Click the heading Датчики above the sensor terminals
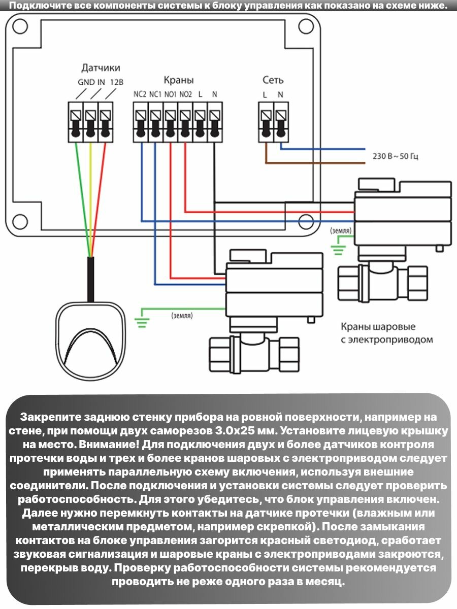tap(101, 68)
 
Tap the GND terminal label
tap(84, 83)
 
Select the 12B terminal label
tap(116, 83)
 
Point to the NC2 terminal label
tap(140, 94)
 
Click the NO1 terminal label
tap(170, 94)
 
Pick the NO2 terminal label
tap(186, 94)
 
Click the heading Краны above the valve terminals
tap(178, 80)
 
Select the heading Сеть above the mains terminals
tap(273, 80)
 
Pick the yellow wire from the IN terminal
tap(90, 198)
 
